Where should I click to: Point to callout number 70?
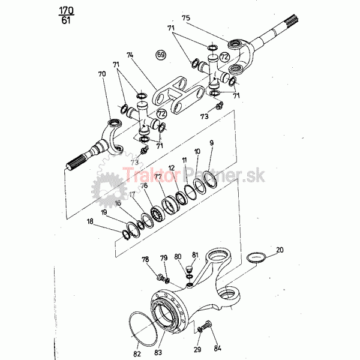pos(101,74)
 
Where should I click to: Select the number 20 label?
pos(280,250)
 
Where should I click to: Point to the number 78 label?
pos(146,259)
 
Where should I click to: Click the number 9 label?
pos(211,143)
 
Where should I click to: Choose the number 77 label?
pos(158,177)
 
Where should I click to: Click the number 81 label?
pos(194,256)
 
